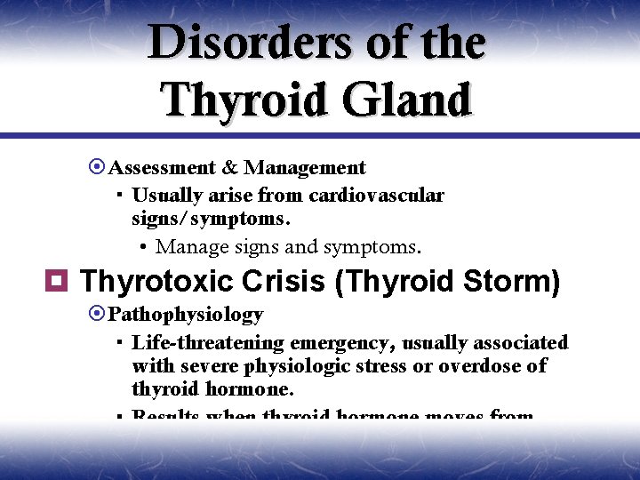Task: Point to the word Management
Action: pyautogui.click(x=305, y=168)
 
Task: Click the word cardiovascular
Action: pyautogui.click(x=376, y=196)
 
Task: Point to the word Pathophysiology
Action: pyautogui.click(x=186, y=315)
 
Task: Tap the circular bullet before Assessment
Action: pyautogui.click(x=98, y=168)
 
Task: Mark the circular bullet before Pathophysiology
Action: pyautogui.click(x=98, y=315)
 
